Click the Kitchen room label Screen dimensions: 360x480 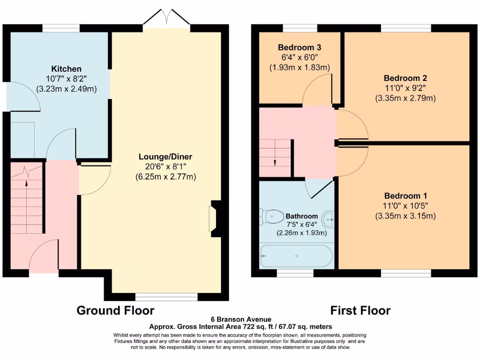point(67,69)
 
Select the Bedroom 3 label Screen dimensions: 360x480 point(300,47)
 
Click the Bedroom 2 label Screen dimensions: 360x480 point(405,78)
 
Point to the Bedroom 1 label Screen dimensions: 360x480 point(405,195)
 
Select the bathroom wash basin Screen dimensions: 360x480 point(329,217)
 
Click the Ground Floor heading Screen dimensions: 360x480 point(115,310)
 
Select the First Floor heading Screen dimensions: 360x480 point(360,310)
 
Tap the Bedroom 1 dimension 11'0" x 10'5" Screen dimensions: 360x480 point(405,206)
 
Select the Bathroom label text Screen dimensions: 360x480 point(302,216)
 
